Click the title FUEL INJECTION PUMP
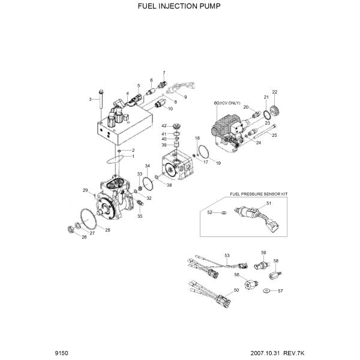pyautogui.click(x=179, y=7)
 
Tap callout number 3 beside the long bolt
pyautogui.click(x=90, y=99)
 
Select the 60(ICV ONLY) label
pyautogui.click(x=227, y=103)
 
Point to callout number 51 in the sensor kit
pyautogui.click(x=269, y=204)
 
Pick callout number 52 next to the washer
pyautogui.click(x=209, y=212)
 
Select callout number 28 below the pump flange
pyautogui.click(x=108, y=230)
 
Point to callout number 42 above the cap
pyautogui.click(x=164, y=125)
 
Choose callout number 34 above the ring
pyautogui.click(x=147, y=166)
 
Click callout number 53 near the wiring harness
pyautogui.click(x=227, y=256)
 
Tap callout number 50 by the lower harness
pyautogui.click(x=236, y=290)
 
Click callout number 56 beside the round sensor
pyautogui.click(x=237, y=274)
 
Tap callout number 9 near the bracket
pyautogui.click(x=185, y=97)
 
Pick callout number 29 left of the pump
pyautogui.click(x=85, y=190)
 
